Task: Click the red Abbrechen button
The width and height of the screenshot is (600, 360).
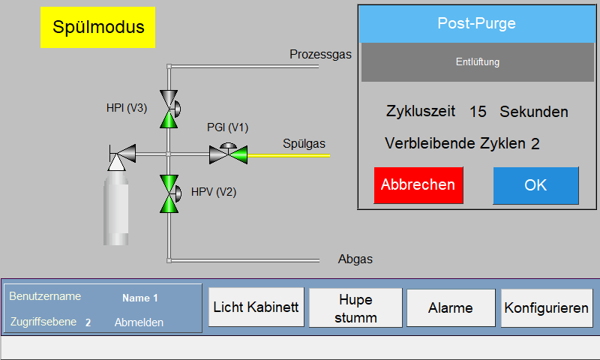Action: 418,185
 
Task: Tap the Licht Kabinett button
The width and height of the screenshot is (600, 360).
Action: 256,307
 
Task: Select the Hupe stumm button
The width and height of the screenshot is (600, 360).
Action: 355,307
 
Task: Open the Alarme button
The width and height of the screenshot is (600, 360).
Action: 451,307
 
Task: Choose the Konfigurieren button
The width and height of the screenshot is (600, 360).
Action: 547,307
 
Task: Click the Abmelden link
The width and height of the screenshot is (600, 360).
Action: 139,322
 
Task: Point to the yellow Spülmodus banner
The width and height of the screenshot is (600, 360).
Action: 97,27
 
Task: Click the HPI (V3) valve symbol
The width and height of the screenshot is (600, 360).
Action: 169,109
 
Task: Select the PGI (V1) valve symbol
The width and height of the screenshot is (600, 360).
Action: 229,154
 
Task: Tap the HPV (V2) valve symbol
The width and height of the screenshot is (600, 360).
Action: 169,194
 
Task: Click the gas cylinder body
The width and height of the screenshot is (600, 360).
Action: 116,208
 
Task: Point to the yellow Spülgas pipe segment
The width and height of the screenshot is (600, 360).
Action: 289,156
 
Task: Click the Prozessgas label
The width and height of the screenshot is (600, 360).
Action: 320,54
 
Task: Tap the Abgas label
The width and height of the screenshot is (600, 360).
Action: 355,259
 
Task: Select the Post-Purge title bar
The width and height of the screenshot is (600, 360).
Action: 476,24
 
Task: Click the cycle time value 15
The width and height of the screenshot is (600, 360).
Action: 478,112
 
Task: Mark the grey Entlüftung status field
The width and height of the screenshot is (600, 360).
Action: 478,62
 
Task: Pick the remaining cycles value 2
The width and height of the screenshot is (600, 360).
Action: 535,144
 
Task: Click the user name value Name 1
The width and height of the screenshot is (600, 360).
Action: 140,298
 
